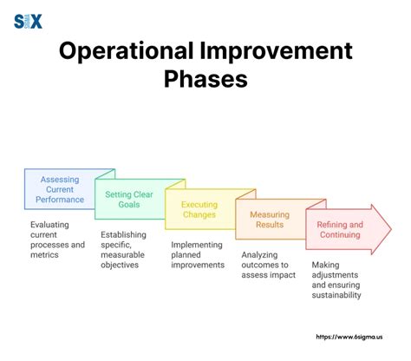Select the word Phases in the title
click(205, 80)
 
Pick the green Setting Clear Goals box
click(129, 200)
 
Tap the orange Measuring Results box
click(270, 220)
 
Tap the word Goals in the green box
click(129, 206)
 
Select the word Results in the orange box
click(269, 225)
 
